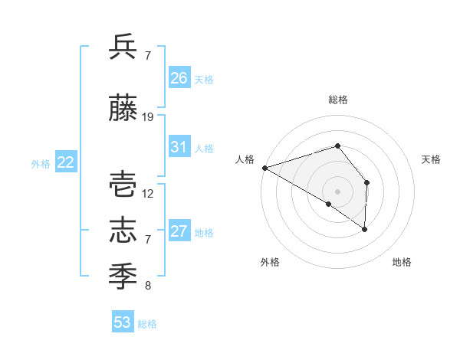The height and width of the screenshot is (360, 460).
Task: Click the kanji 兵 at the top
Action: tap(123, 47)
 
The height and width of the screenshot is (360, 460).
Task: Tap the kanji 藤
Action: tap(123, 110)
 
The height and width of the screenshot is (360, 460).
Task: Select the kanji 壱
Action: tap(123, 185)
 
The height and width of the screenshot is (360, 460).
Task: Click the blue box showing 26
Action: tap(179, 78)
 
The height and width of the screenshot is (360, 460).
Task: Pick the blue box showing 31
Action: tap(179, 147)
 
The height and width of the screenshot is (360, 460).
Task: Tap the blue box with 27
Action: tap(179, 231)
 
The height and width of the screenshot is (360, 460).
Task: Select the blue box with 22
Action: tap(65, 162)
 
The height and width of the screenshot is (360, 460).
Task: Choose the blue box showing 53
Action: tap(123, 322)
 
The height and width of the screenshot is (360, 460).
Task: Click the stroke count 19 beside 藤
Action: tap(148, 117)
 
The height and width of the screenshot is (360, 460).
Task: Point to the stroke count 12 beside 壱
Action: tap(148, 193)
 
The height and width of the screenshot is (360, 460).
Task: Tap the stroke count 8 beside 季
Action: tap(148, 286)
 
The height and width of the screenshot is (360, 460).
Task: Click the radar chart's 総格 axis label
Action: tap(338, 100)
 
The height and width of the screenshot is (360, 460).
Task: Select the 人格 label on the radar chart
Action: tap(245, 159)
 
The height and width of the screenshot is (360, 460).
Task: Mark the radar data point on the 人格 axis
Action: tap(264, 167)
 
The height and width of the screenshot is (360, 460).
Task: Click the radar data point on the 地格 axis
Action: tap(365, 229)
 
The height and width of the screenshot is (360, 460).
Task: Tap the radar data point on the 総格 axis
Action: tap(337, 146)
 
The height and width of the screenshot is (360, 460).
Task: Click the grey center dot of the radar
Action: tap(337, 191)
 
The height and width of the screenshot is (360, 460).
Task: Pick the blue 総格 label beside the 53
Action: tap(147, 324)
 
